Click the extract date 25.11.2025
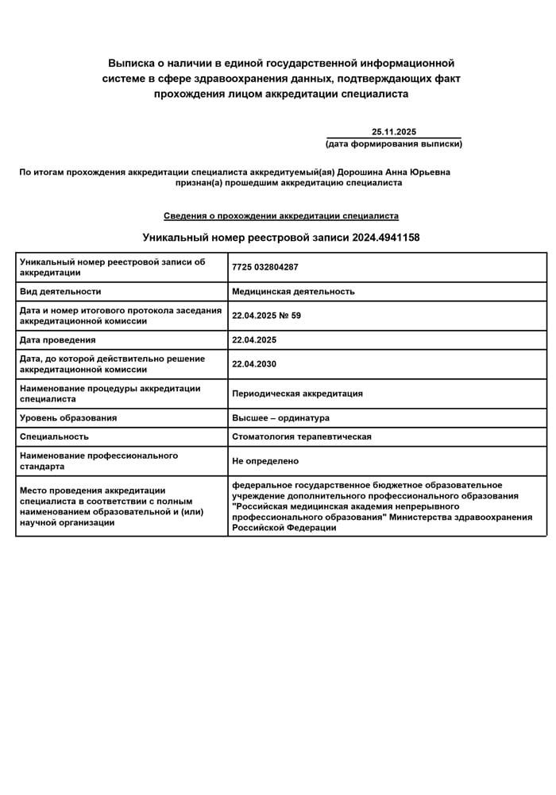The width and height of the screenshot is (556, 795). [x=394, y=132]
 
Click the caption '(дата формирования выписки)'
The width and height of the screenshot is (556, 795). [x=394, y=144]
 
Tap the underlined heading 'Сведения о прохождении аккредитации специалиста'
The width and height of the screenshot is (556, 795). [x=281, y=215]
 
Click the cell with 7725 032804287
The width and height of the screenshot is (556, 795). [x=265, y=267]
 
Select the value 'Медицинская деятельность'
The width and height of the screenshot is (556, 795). [x=293, y=292]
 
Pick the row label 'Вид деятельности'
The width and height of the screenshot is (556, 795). [x=60, y=292]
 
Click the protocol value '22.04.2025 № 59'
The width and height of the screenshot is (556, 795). [x=266, y=316]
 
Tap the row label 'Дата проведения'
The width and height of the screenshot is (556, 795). [x=58, y=340]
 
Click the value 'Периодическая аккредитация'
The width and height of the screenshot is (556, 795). [x=297, y=394]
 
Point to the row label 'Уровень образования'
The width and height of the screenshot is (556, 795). [x=68, y=418]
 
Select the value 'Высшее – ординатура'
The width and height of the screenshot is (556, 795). [x=280, y=418]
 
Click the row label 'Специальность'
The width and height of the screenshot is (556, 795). [x=54, y=436]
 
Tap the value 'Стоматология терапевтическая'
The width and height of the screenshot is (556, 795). [x=302, y=436]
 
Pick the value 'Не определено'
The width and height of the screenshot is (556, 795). [x=265, y=461]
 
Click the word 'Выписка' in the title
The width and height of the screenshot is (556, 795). [x=131, y=63]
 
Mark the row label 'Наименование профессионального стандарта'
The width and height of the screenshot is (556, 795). [x=98, y=461]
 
